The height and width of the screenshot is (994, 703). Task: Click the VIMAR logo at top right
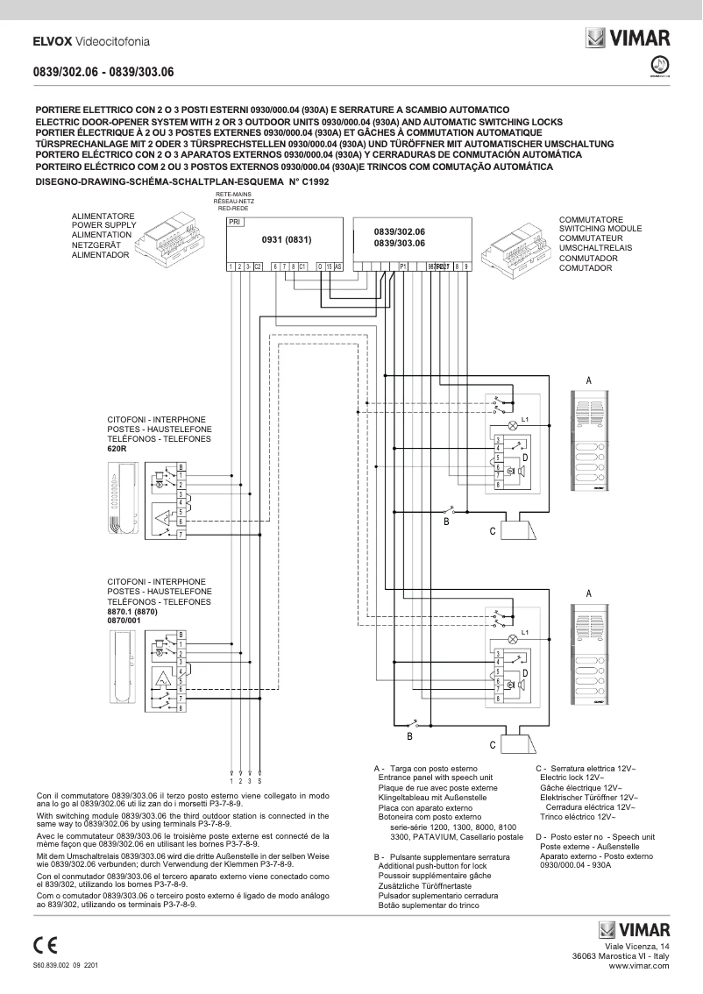(628, 38)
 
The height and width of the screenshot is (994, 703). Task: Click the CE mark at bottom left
(45, 945)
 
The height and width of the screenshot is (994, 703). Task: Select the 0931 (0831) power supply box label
(287, 239)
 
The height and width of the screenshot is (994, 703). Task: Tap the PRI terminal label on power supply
(234, 223)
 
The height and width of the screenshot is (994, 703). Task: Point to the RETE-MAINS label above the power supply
(234, 195)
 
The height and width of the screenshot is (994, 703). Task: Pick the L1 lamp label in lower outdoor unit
(524, 632)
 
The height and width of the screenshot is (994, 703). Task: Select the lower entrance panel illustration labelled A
(588, 659)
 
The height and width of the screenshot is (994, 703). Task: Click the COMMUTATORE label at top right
(591, 219)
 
